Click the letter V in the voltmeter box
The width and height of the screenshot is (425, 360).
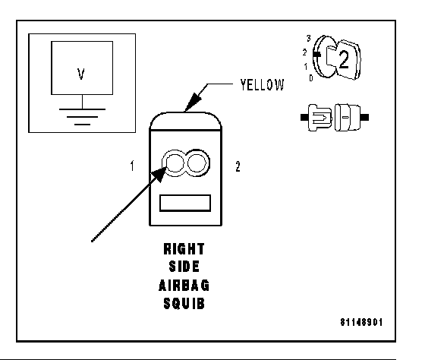click(81, 74)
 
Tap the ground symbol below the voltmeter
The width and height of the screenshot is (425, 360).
click(83, 117)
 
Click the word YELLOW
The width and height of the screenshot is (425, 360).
click(263, 85)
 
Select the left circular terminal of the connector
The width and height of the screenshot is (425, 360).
click(175, 163)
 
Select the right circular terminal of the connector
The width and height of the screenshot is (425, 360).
click(197, 163)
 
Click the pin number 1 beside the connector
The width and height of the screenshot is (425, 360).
click(132, 166)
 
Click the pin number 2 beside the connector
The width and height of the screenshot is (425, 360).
click(238, 166)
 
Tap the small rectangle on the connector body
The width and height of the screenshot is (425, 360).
click(185, 203)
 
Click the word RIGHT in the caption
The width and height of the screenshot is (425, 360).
click(184, 249)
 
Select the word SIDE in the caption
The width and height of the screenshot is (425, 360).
click(184, 267)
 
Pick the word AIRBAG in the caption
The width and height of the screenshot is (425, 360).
click(184, 285)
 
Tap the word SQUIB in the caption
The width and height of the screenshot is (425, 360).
click(184, 303)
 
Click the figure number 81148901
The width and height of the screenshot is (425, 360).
click(361, 322)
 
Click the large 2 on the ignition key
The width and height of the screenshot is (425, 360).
click(344, 60)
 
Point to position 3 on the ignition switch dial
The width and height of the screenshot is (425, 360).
click(308, 39)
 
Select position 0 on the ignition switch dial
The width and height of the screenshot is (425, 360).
click(311, 78)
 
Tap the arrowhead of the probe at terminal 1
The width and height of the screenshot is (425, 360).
click(159, 174)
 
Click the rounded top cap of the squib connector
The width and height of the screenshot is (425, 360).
click(186, 121)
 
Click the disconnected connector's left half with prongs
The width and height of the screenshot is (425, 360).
click(316, 118)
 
